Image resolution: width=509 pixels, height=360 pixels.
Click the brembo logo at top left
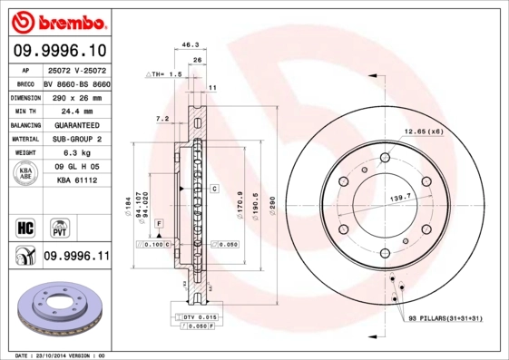pos(60,20)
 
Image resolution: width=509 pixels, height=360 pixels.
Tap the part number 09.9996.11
pos(76,257)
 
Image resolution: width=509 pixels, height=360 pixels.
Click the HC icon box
pos(26,226)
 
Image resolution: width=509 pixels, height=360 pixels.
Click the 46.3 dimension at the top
pos(191,44)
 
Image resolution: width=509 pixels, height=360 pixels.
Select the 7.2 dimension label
pos(162,119)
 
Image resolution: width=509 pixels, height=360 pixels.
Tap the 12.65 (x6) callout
pos(424,132)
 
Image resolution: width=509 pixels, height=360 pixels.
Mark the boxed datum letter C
pos(215,189)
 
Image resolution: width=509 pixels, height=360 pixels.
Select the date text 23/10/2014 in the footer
pos(58,355)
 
